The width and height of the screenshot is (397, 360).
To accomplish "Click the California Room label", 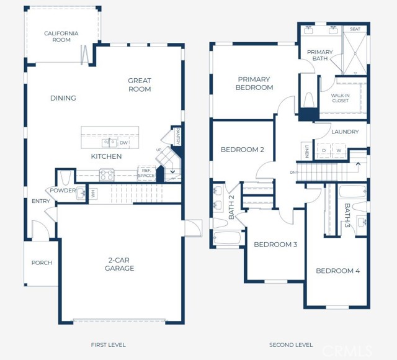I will tap(61, 37).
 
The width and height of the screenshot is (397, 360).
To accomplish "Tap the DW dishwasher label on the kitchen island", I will tap(124, 143).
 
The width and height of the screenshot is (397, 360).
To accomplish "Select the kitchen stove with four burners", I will tap(107, 175).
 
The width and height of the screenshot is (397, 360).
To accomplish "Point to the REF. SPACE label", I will tap(146, 173).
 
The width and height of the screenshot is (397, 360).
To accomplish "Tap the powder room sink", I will tap(81, 194).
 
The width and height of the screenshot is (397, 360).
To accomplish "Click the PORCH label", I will tap(42, 263).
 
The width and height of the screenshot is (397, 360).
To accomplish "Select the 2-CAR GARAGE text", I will tap(119, 264).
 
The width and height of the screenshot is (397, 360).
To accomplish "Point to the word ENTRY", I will tap(41, 201).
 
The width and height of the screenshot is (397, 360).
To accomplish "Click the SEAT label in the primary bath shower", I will tap(355, 29).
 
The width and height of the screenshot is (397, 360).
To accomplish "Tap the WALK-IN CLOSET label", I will tap(341, 97).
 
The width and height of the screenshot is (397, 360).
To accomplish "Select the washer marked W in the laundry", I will tap(339, 150).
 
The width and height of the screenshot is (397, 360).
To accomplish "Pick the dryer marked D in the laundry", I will tap(323, 150).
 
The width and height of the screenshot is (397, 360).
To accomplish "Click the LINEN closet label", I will tap(306, 150).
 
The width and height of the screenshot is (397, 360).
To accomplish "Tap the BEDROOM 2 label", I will tap(243, 150).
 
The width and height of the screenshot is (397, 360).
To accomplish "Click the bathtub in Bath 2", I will tap(227, 238).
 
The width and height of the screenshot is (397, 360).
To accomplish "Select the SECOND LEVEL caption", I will tap(290, 344).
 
